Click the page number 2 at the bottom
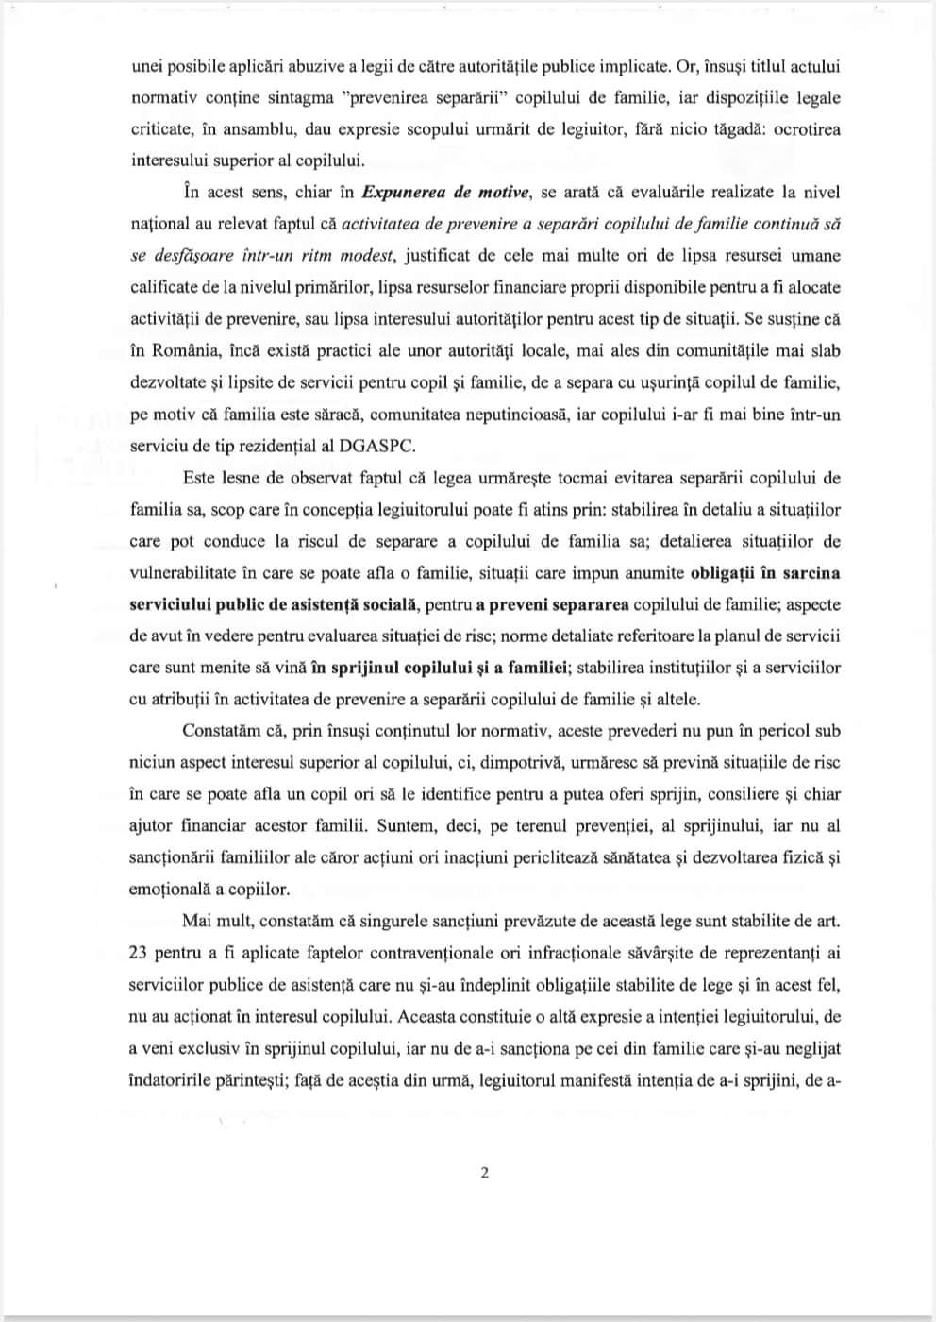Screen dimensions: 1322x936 (x=485, y=1174)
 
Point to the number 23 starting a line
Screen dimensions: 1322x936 (x=137, y=953)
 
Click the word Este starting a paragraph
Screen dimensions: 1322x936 (x=199, y=478)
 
